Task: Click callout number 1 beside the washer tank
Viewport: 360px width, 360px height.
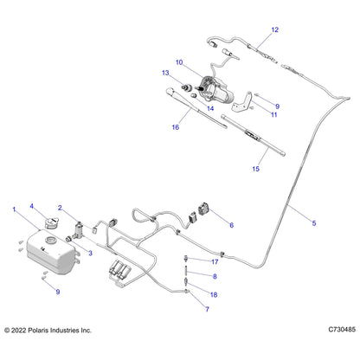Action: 14,210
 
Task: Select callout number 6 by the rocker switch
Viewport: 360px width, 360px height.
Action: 231,224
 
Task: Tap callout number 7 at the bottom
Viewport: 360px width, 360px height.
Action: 206,308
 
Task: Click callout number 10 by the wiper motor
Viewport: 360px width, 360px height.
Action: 179,63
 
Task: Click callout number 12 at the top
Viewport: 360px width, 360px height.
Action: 275,30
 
